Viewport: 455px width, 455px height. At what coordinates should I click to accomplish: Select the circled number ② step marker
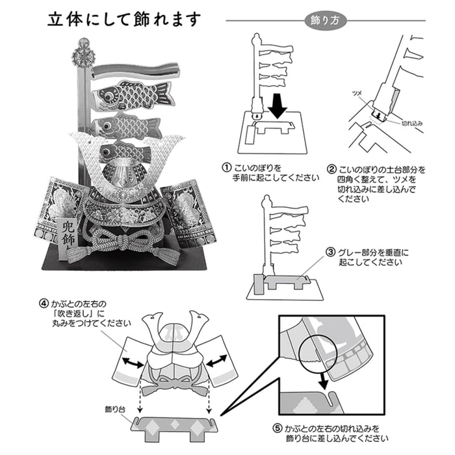tap(332, 168)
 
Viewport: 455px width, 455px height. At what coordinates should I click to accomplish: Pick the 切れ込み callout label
tap(411, 121)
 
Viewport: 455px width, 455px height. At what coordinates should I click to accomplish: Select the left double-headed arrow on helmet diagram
tap(133, 361)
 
